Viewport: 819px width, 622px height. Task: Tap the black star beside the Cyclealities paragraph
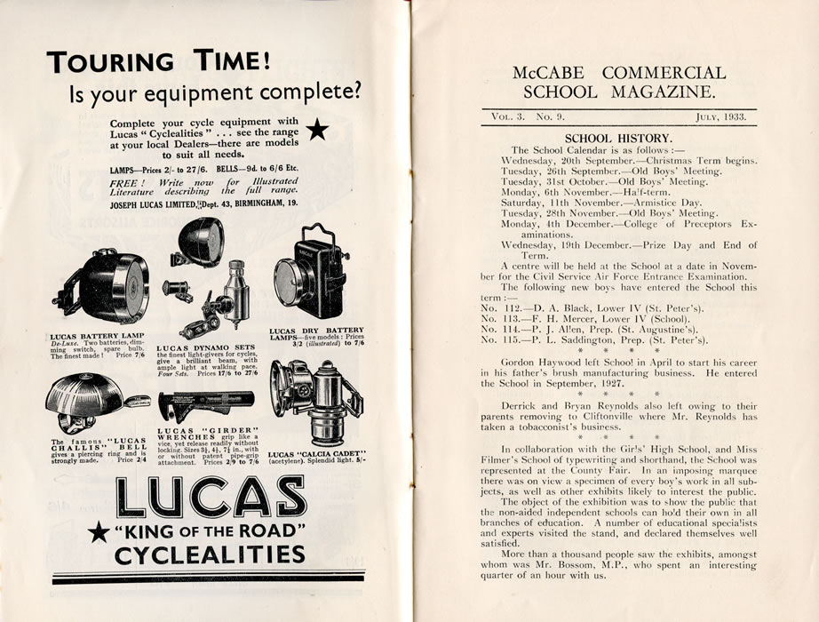coord(317,131)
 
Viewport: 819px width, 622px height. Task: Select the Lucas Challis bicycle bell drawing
coord(87,403)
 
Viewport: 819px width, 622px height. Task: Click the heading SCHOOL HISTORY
coord(618,138)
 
